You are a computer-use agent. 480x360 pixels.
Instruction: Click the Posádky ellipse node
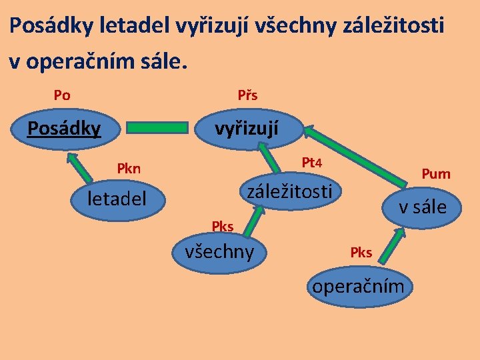click(63, 127)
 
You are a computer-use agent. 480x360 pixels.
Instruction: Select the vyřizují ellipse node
click(247, 127)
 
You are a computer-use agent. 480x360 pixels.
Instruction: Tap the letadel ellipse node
click(117, 198)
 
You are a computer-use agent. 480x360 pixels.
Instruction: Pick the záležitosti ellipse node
click(290, 192)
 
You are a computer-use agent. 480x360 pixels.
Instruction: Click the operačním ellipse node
click(359, 287)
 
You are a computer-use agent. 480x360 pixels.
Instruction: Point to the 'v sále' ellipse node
click(422, 207)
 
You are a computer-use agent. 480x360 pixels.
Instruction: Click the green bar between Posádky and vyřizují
click(157, 127)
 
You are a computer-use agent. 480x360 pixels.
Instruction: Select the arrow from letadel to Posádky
click(81, 167)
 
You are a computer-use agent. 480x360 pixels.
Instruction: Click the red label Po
click(62, 95)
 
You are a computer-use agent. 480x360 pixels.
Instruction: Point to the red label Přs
click(247, 95)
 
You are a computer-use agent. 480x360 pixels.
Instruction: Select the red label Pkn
click(129, 168)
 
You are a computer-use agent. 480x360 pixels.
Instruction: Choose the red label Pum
click(436, 175)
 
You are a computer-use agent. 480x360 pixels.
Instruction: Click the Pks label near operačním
click(361, 252)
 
